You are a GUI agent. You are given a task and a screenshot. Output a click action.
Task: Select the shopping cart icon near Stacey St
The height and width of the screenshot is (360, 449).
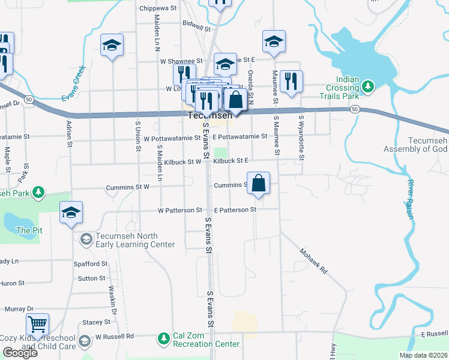(38, 325)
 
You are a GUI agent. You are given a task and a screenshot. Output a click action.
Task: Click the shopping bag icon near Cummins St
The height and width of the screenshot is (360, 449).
(258, 183)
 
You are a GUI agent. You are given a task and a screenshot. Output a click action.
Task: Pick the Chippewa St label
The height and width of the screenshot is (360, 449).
(158, 8)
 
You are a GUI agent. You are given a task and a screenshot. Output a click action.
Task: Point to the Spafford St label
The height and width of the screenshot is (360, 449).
(89, 264)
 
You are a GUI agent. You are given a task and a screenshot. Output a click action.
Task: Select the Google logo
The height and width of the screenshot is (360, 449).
(20, 353)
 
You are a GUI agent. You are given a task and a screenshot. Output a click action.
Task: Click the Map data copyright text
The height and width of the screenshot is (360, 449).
(423, 355)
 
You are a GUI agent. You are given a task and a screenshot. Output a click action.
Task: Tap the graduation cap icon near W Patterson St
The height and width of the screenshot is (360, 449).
(71, 213)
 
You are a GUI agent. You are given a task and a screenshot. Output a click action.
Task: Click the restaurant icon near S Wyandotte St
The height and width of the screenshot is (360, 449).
(291, 82)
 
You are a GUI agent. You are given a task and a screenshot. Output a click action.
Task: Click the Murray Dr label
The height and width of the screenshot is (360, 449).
(15, 309)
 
